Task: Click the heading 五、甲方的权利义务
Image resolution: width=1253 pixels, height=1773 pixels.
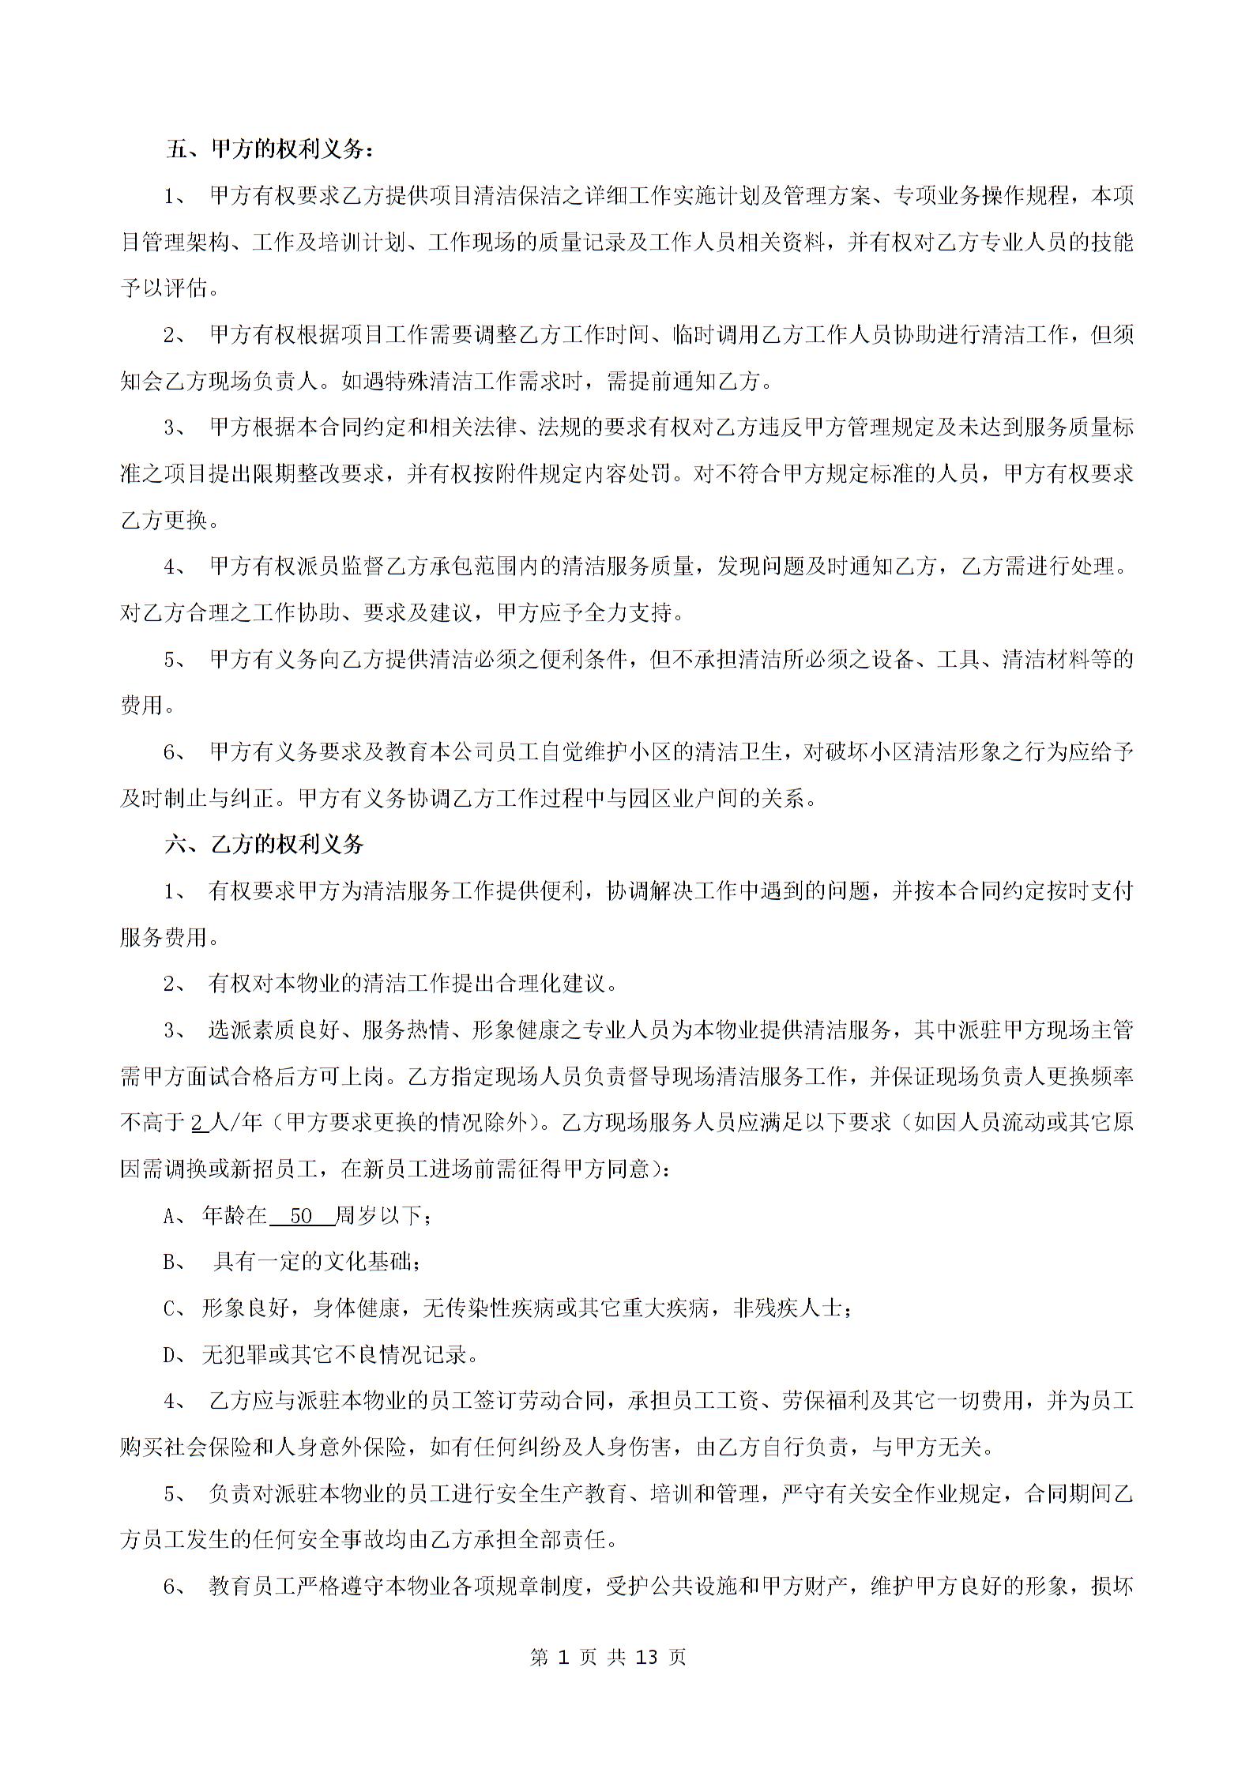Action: [269, 149]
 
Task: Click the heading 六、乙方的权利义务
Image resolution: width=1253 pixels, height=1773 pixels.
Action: [265, 845]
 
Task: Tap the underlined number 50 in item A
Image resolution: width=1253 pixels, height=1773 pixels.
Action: [301, 1216]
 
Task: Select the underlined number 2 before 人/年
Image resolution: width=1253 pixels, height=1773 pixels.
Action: [198, 1123]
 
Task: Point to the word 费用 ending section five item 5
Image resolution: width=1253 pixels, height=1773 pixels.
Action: [142, 706]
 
